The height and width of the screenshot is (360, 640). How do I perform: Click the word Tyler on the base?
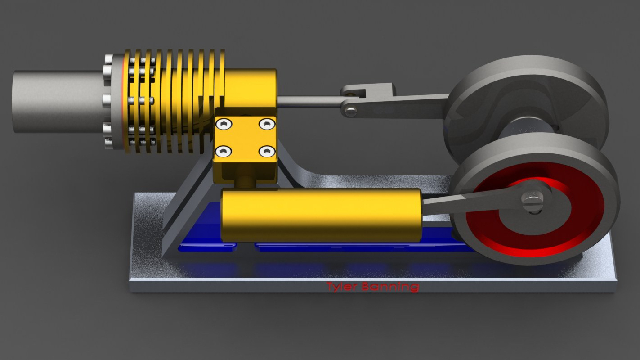(x=343, y=286)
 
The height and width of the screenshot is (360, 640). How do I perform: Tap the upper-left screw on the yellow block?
(x=224, y=123)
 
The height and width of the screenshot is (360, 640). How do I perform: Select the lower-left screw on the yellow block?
(x=224, y=151)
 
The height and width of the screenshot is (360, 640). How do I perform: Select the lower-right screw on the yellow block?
(x=267, y=151)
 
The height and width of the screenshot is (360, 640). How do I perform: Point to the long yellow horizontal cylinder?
(x=321, y=214)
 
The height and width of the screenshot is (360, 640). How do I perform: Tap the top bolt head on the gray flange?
(x=108, y=59)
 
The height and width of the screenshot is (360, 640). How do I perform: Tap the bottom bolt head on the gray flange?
(x=109, y=144)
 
